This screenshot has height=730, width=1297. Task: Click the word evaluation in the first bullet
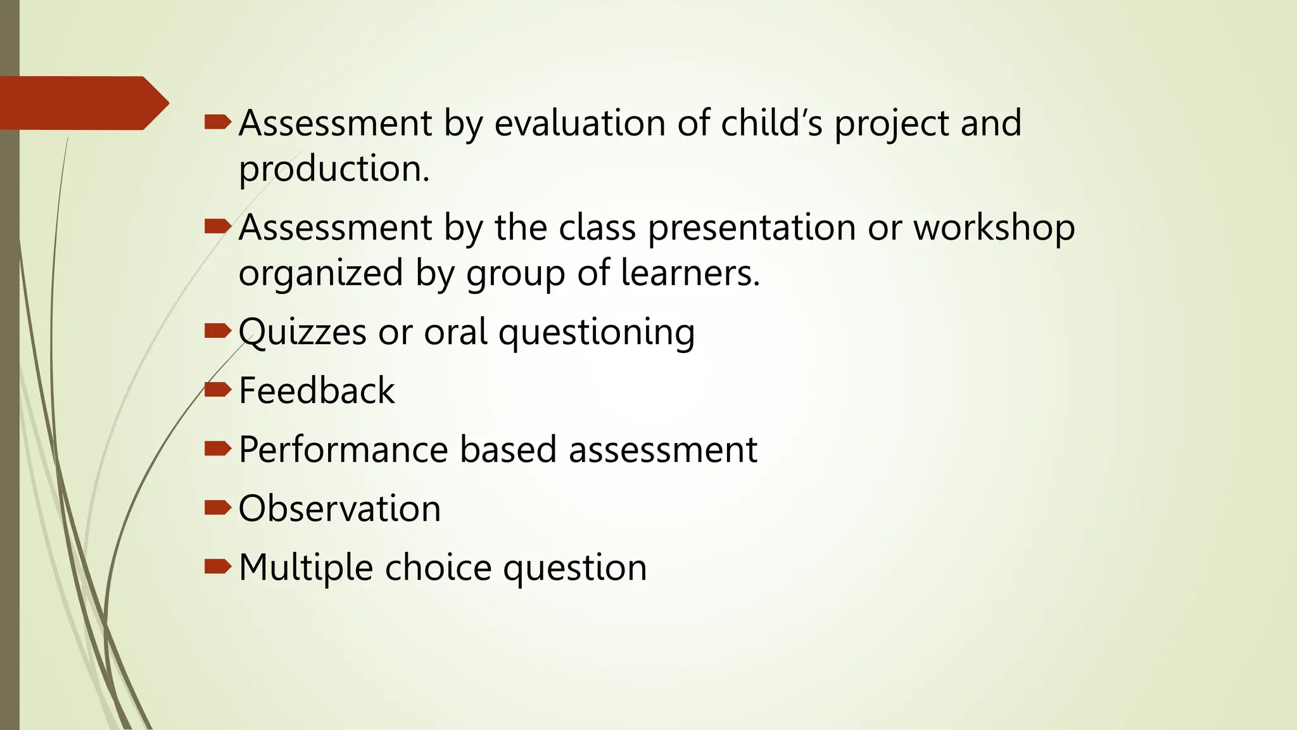click(x=579, y=123)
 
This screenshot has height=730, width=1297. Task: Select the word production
click(x=334, y=169)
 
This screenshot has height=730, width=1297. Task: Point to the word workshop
click(x=994, y=227)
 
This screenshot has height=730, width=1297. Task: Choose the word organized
click(x=320, y=273)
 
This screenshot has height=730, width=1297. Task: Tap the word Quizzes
click(x=302, y=332)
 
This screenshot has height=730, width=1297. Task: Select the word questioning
click(x=597, y=332)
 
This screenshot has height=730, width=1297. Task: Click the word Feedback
click(x=317, y=390)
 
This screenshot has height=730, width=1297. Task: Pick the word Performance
click(x=343, y=450)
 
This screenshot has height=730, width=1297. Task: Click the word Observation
click(x=339, y=509)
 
